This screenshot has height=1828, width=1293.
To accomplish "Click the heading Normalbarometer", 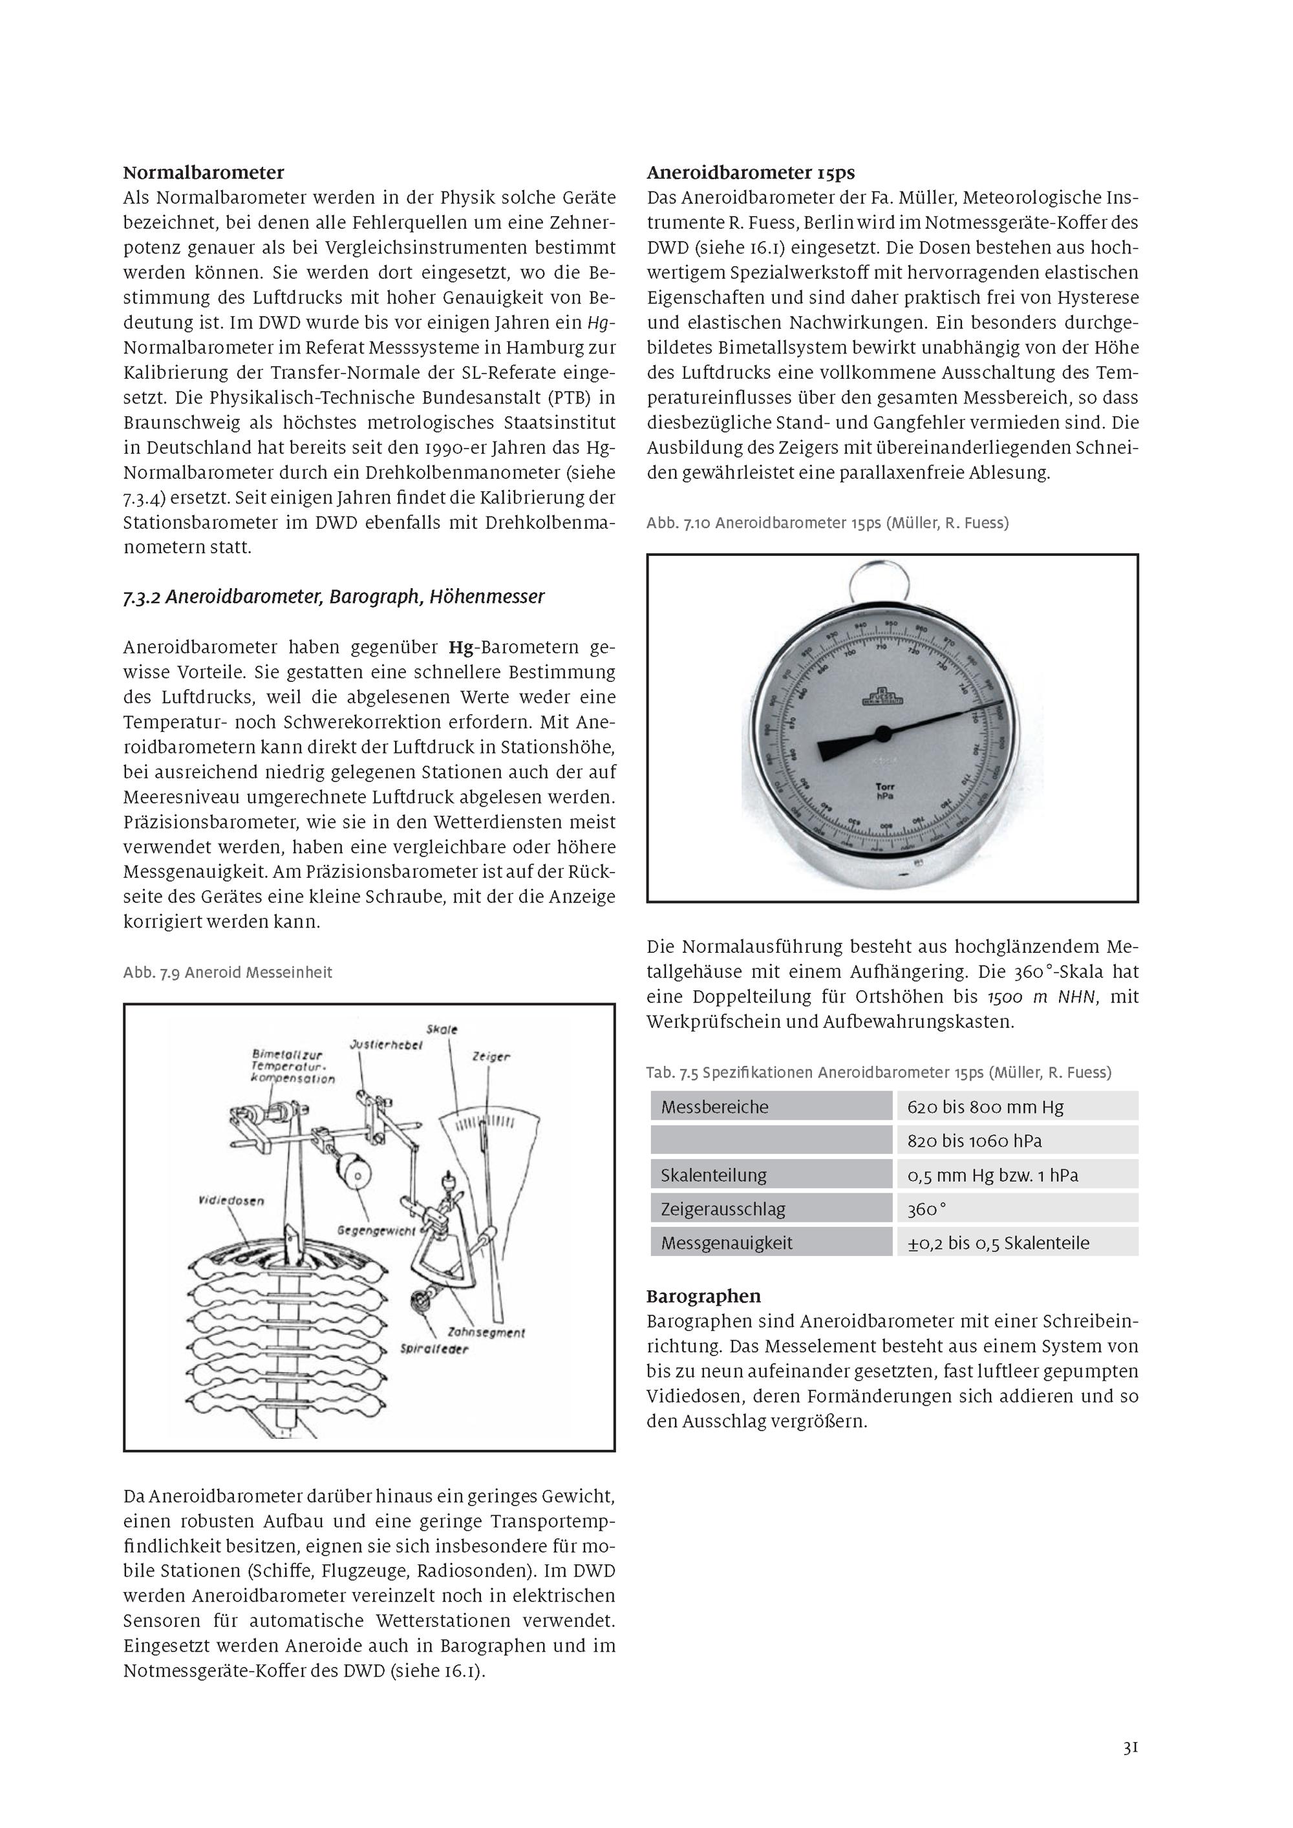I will click(x=203, y=173).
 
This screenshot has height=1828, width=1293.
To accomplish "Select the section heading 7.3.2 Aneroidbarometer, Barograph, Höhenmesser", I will click(x=334, y=597).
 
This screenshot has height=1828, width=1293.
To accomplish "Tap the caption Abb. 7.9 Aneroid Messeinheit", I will click(x=228, y=972).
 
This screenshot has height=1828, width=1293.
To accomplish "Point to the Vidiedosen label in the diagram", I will click(x=231, y=1200).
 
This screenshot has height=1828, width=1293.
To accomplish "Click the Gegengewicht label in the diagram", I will click(x=376, y=1230).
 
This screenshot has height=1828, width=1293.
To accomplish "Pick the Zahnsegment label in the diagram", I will click(x=486, y=1332).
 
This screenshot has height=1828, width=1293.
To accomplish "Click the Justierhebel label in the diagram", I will click(x=385, y=1045).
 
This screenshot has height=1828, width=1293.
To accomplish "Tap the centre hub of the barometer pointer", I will click(x=882, y=732).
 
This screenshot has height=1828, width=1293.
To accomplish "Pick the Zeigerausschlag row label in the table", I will click(x=723, y=1209).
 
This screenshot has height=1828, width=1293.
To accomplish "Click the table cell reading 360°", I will click(x=926, y=1209).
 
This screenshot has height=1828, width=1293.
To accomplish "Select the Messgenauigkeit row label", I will click(x=726, y=1243).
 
